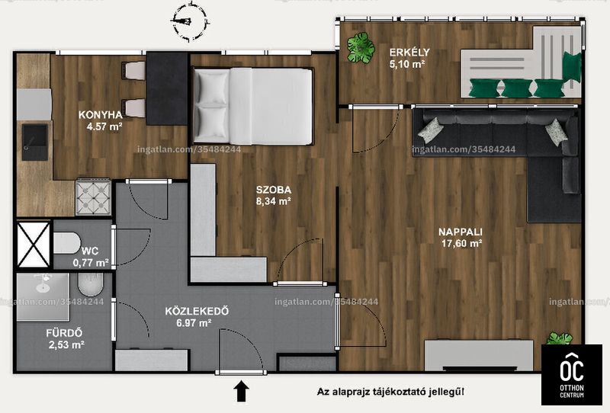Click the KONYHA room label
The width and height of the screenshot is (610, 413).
(101, 115)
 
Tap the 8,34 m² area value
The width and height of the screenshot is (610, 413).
(274, 201)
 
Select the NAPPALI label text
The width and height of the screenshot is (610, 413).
(461, 232)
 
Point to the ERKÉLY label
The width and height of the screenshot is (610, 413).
(409, 52)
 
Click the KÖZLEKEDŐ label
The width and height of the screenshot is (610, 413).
(197, 311)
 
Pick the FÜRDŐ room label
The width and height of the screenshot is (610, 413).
(64, 333)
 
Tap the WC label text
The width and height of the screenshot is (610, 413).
(90, 251)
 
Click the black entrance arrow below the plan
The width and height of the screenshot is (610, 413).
(241, 391)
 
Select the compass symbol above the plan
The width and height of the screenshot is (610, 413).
(189, 21)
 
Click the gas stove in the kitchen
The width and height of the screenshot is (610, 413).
(93, 197)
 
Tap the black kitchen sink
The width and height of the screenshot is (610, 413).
(34, 142)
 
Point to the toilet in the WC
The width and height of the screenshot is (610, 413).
(66, 243)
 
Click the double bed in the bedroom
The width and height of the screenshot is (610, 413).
(253, 107)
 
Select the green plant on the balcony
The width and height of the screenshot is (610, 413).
(361, 47)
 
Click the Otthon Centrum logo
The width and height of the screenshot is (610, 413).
(571, 375)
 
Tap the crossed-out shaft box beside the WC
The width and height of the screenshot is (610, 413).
(34, 245)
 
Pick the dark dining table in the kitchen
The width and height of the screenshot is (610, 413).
(167, 88)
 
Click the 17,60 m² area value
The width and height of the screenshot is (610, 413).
(462, 243)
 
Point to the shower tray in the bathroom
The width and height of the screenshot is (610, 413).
(43, 297)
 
